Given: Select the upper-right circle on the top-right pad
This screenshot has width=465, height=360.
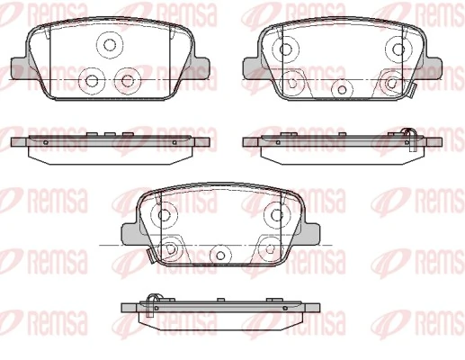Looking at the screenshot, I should (x=397, y=46).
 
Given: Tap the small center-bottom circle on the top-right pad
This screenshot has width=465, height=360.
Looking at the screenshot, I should (x=342, y=90).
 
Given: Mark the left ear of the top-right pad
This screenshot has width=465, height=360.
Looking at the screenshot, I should (x=252, y=66).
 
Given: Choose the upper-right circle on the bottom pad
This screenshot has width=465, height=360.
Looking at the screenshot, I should (x=273, y=215).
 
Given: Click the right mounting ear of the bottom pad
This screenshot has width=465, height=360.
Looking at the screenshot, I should (x=310, y=235).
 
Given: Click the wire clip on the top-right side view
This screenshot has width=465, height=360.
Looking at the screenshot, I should (x=407, y=135).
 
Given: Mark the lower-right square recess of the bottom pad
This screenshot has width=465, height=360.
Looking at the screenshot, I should (x=267, y=249).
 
